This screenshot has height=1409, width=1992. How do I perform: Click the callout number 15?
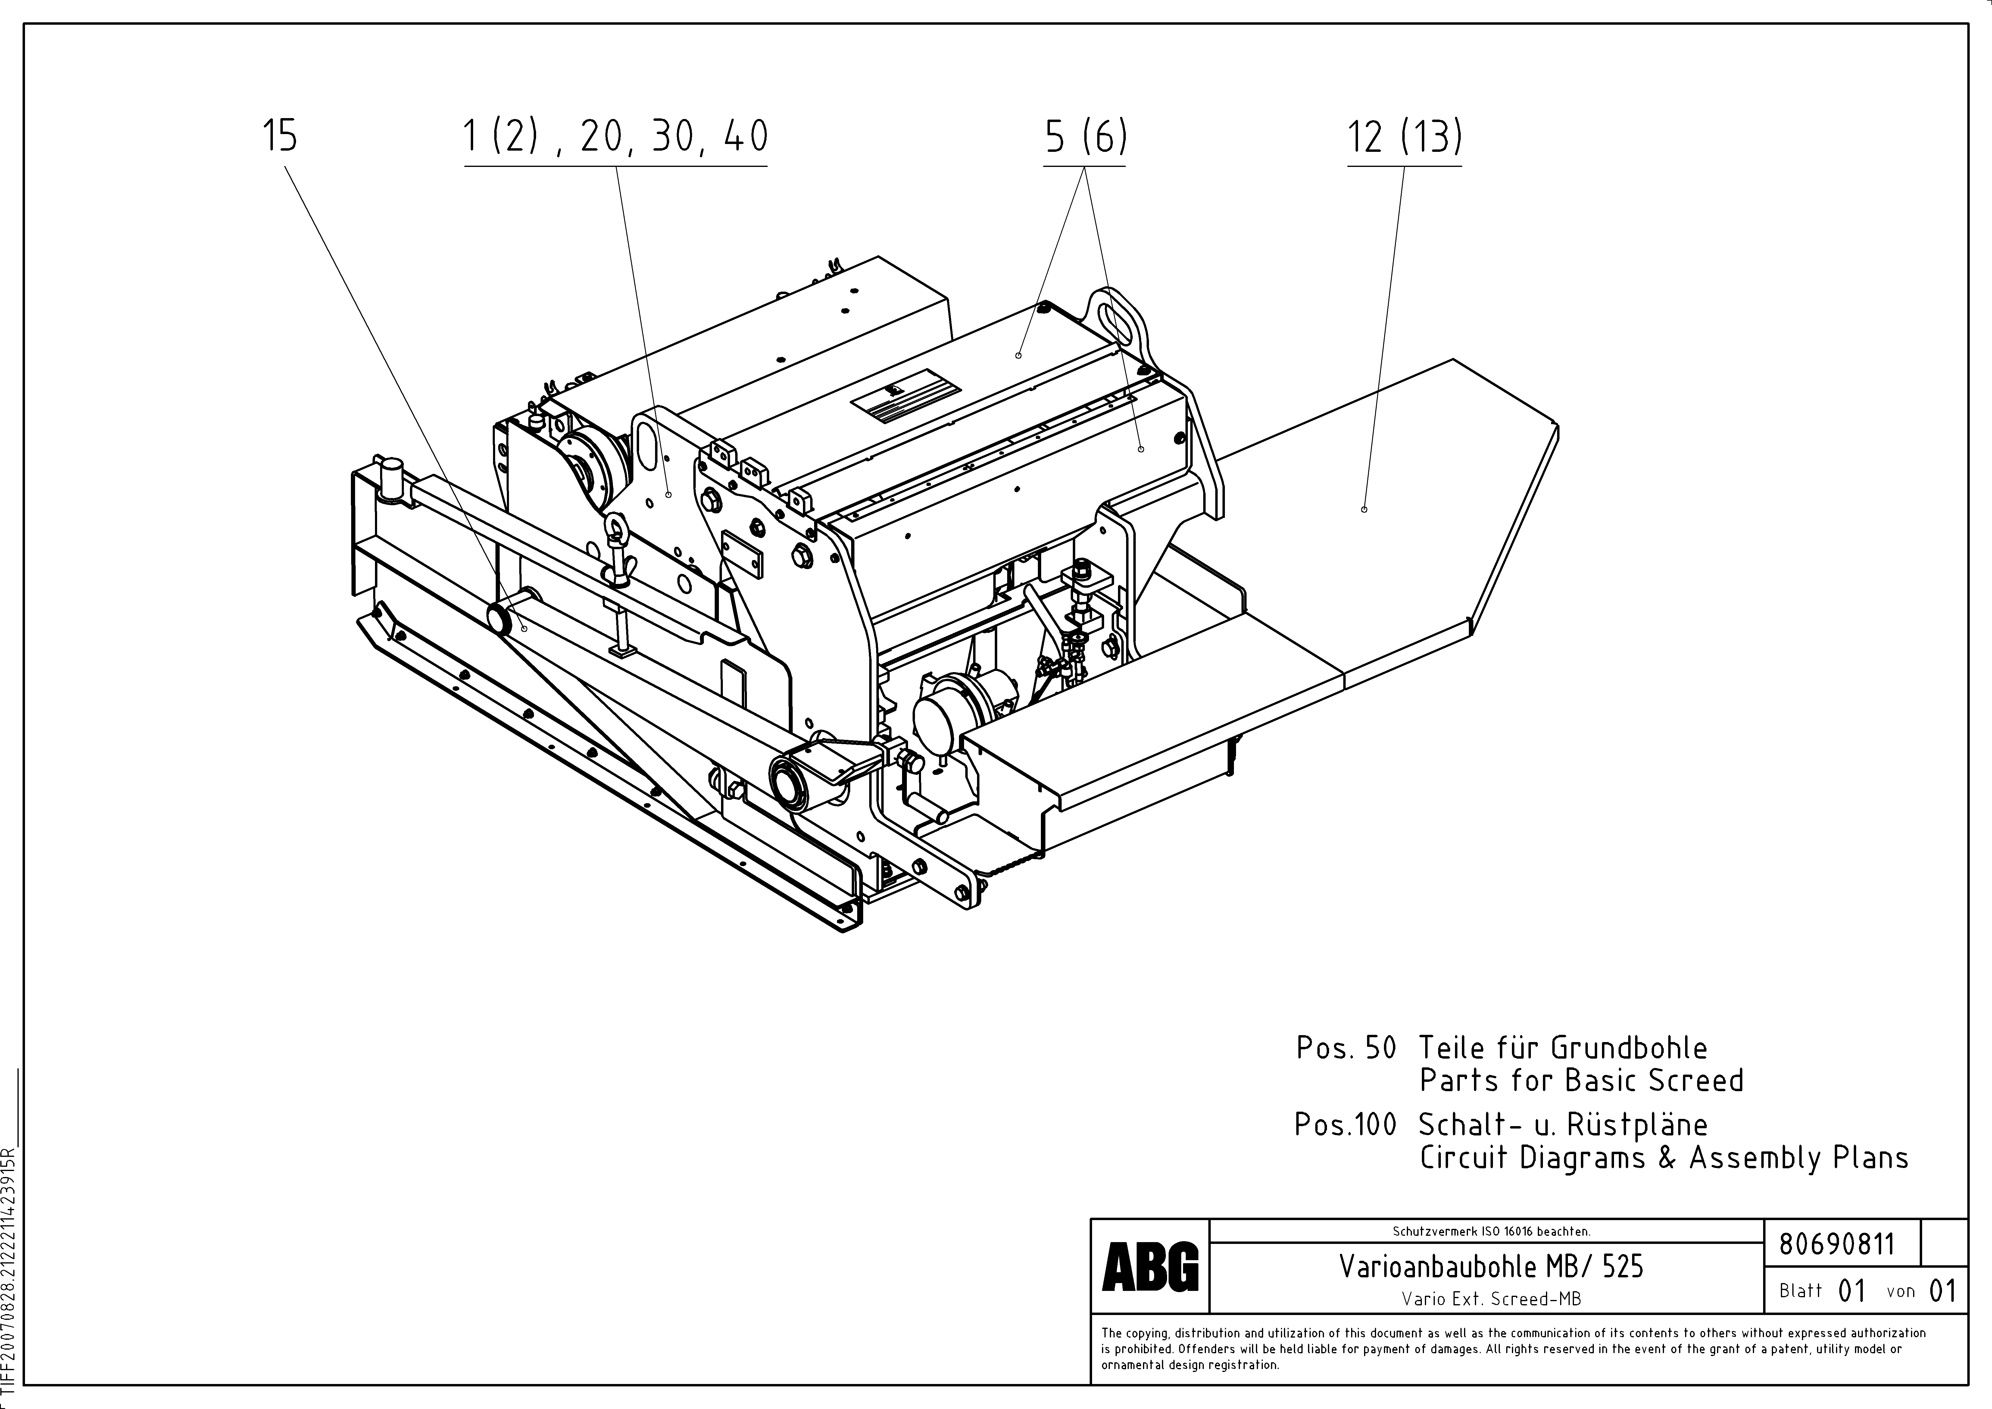279,137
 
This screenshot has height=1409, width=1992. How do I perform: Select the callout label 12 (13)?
1404,137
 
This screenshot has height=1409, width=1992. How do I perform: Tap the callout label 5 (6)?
1085,137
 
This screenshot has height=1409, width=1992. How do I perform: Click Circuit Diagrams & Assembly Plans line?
1663,1157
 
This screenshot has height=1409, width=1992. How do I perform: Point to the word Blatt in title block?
1800,1291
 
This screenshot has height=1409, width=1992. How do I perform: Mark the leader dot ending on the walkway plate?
1364,509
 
